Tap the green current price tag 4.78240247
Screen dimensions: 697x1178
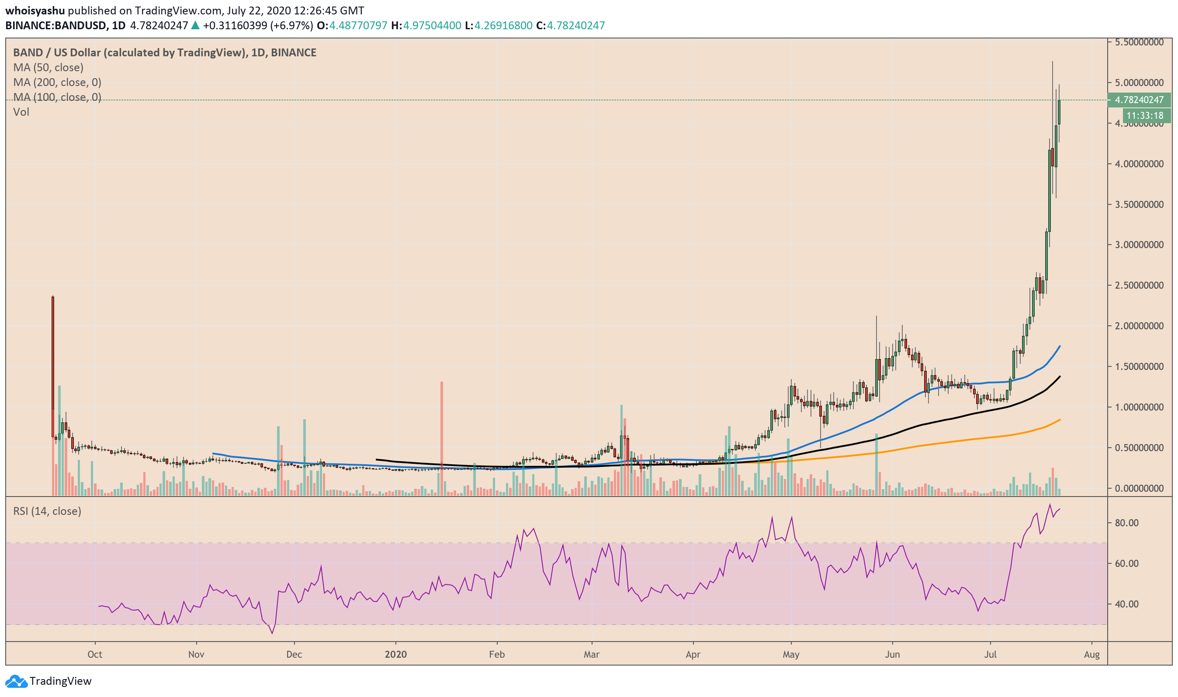click(x=1139, y=100)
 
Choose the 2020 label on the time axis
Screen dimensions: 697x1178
click(x=395, y=654)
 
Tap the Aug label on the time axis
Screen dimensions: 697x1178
click(x=1091, y=654)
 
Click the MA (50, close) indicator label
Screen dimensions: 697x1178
click(x=49, y=68)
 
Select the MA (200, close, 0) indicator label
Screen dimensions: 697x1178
click(x=57, y=83)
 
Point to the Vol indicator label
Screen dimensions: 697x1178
click(x=21, y=112)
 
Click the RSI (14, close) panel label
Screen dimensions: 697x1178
click(x=47, y=511)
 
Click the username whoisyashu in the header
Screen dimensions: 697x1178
click(x=35, y=10)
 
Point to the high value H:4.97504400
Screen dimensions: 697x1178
click(x=426, y=26)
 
